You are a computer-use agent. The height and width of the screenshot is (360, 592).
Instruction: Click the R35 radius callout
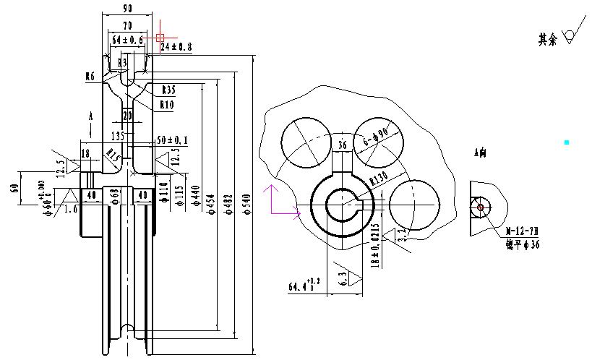pos(168,90)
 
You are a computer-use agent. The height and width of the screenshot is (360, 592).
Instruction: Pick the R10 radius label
pos(166,105)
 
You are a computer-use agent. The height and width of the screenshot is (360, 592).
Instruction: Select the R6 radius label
pos(90,76)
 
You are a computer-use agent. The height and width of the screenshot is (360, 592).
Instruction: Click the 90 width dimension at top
pos(127,9)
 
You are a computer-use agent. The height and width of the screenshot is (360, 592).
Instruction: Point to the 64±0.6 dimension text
pos(127,39)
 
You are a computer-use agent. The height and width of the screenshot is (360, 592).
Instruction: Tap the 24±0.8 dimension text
pos(176,47)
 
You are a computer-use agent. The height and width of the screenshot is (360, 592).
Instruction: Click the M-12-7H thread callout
pos(521,231)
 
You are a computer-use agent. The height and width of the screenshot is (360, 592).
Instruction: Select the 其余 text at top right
pos(547,40)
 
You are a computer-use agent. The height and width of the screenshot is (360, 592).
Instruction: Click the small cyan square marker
pos(567,143)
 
